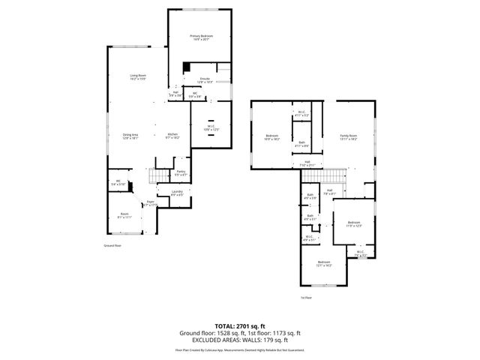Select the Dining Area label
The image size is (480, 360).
click(132, 136)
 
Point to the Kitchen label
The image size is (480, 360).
click(172, 136)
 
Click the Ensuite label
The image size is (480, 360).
click(205, 79)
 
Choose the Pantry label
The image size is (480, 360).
click(181, 173)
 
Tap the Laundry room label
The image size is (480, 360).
click(177, 193)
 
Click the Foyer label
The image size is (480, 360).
click(150, 202)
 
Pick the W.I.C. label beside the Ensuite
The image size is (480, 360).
click(211, 128)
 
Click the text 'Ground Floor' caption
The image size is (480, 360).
click(112, 245)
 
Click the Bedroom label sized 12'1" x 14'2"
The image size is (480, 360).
click(325, 263)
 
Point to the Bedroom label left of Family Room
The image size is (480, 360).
click(272, 137)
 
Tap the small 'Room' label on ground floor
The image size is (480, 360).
click(124, 215)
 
